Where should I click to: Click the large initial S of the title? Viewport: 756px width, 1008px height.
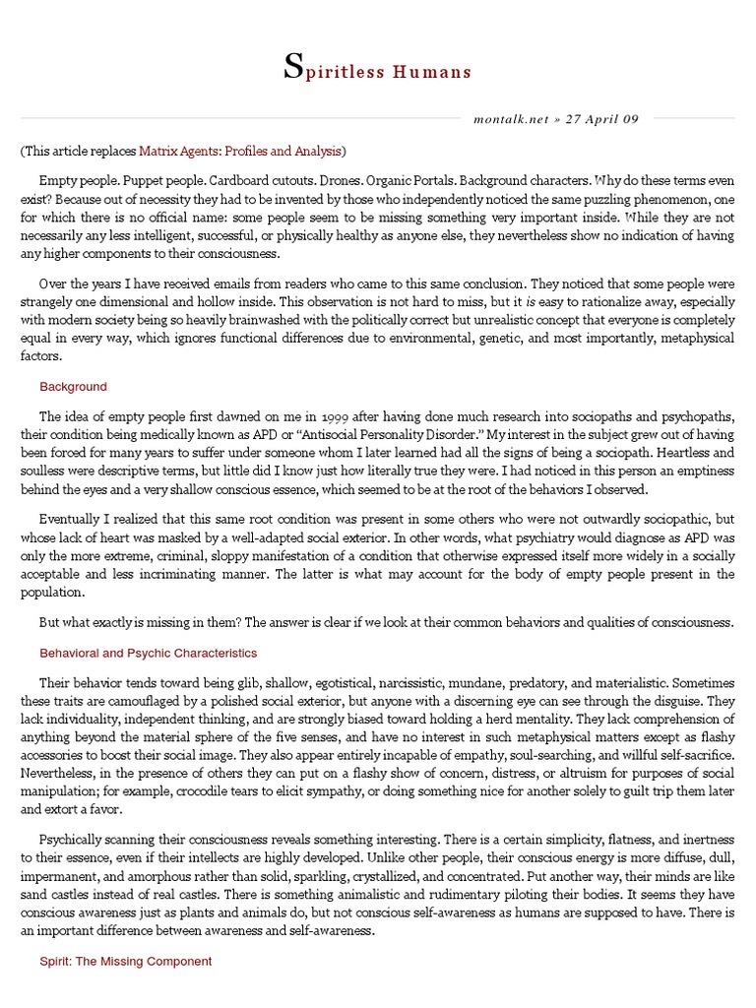292,67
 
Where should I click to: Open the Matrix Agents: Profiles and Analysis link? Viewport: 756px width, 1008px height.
240,152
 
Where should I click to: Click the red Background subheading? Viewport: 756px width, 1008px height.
73,387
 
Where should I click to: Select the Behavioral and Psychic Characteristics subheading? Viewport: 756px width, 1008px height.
148,653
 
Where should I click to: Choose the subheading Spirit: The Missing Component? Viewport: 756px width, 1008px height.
125,961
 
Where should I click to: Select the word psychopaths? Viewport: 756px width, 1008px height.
695,416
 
